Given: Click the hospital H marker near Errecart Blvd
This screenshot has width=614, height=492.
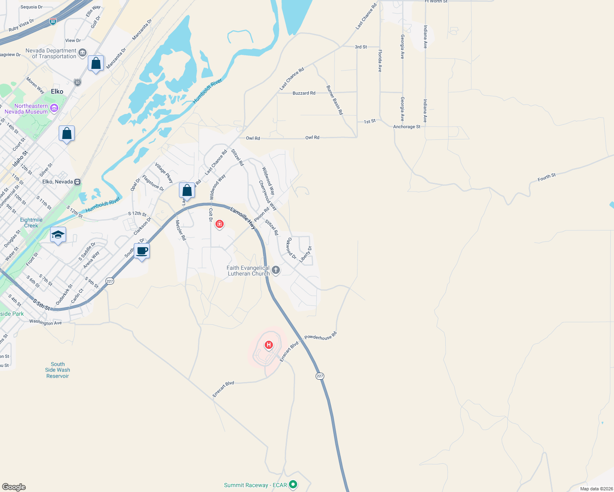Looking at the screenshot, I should (x=269, y=345).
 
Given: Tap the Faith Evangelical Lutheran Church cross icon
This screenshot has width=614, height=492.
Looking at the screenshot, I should (x=276, y=270).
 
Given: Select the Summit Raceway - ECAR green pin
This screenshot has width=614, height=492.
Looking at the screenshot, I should (x=293, y=485).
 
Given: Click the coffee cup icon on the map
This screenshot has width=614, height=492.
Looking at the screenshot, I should (x=142, y=251).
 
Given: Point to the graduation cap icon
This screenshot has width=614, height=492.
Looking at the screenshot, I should (x=58, y=235).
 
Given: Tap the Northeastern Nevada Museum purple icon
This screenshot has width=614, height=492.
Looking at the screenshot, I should (x=54, y=108).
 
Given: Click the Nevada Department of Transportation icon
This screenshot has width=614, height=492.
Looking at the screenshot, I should (x=82, y=52).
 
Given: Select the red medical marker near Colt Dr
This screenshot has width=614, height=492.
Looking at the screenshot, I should (x=220, y=224).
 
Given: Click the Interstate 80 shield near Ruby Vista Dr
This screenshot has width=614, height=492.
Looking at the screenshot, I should (x=53, y=21).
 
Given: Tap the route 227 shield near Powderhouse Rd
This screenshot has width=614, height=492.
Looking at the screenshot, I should (x=320, y=376).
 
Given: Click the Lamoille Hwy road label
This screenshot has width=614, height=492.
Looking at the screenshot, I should (x=243, y=218).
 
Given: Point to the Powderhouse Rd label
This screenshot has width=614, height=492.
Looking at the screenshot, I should (x=321, y=336).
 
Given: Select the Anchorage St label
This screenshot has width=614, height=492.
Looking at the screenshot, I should (x=407, y=127).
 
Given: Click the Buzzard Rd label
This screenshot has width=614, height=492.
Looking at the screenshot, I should (x=304, y=93).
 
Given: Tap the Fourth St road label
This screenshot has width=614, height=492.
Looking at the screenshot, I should (x=547, y=177).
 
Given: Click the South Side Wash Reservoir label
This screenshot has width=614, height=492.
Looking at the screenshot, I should (x=57, y=370).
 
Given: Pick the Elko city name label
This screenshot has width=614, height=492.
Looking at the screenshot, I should (x=57, y=91).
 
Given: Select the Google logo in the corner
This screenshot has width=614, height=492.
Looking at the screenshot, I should (x=14, y=487).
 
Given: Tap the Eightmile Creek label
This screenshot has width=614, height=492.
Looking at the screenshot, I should (x=31, y=223).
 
